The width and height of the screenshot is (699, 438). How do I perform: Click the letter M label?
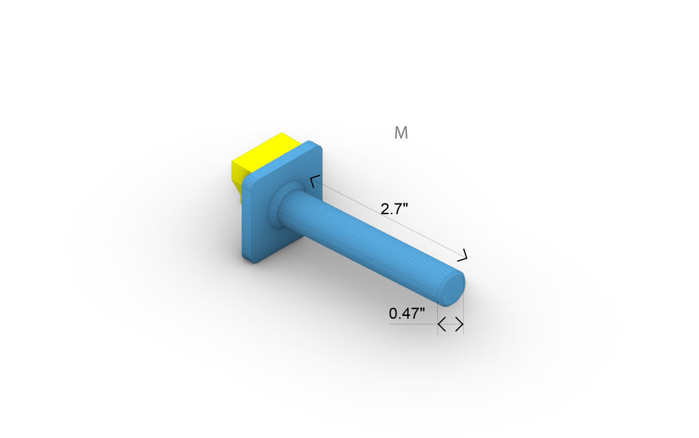(401, 133)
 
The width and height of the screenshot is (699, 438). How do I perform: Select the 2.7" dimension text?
(394, 209)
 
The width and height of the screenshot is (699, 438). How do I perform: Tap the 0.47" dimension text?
(407, 314)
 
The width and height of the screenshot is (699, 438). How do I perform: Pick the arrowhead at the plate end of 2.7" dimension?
(314, 181)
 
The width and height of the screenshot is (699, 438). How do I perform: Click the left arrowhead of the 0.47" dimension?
(442, 324)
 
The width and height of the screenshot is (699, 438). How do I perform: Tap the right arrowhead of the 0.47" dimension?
(459, 324)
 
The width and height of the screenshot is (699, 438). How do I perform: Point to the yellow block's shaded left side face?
(237, 177)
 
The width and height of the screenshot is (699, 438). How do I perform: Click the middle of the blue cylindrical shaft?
(369, 246)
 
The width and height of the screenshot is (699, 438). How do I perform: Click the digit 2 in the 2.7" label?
(385, 209)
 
